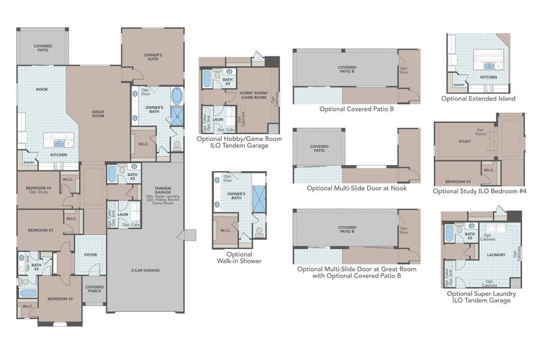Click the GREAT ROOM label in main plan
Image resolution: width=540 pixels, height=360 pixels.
click(98, 113)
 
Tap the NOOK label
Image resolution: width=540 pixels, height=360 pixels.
click(42, 89)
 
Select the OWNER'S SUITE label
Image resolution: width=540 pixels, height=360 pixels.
click(153, 57)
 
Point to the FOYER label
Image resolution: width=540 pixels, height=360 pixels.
click(91, 255)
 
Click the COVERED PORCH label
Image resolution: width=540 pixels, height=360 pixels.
click(94, 289)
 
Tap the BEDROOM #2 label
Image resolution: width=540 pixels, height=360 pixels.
click(60, 299)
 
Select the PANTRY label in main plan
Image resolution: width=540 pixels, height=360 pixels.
click(28, 163)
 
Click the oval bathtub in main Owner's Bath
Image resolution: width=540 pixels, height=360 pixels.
click(178, 95)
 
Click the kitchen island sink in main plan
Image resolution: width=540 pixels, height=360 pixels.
click(59, 143)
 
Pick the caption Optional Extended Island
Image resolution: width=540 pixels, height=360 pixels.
click(478, 98)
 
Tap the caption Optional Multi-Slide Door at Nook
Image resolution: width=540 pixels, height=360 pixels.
click(356, 188)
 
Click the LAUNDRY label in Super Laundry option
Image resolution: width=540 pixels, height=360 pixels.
click(496, 254)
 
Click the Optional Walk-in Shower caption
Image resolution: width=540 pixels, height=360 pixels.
click(239, 257)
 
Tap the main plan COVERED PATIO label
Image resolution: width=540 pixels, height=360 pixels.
click(43, 48)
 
